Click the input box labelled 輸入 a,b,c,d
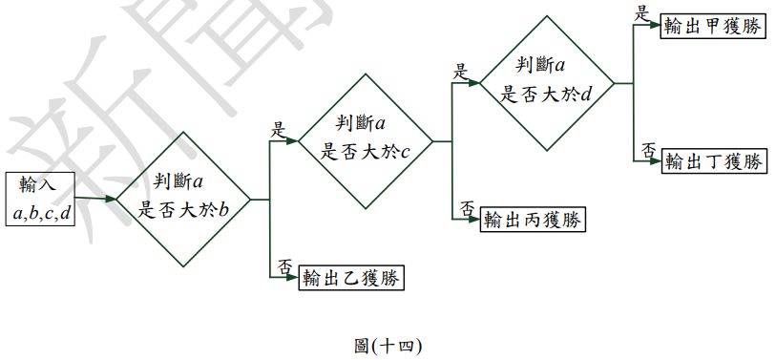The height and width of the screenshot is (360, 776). (x=40, y=199)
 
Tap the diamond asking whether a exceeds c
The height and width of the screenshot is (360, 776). (x=366, y=140)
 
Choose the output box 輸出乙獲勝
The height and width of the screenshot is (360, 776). (x=351, y=278)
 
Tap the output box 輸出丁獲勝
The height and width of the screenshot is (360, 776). (x=715, y=160)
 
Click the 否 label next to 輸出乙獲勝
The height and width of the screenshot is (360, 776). (x=284, y=266)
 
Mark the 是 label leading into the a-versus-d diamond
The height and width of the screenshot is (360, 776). (x=460, y=72)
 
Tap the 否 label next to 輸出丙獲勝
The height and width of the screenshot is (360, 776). (x=467, y=208)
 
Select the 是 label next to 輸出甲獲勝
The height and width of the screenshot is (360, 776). (x=642, y=13)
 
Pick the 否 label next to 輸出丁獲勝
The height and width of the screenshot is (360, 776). (x=648, y=150)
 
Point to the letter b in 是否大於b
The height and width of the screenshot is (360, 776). (x=223, y=210)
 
